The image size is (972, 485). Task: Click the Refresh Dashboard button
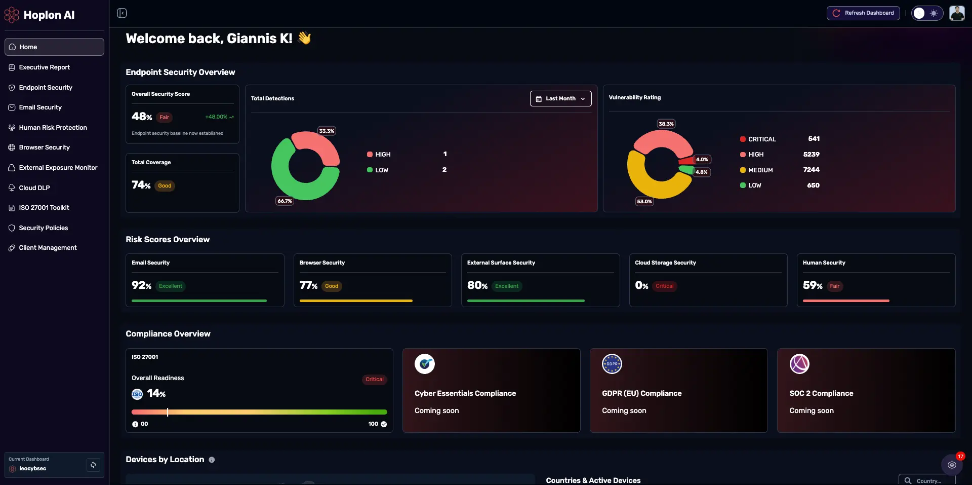[x=863, y=13]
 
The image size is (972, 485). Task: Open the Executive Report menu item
[x=44, y=67]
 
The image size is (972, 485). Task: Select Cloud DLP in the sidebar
[x=34, y=188]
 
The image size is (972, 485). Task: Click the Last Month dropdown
[x=560, y=98]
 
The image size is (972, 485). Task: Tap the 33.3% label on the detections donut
[x=327, y=131]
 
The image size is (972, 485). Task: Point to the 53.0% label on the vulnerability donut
[x=644, y=201]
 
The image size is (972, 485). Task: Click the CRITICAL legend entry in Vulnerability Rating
[x=758, y=139]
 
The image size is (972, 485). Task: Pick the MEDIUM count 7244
[x=811, y=170]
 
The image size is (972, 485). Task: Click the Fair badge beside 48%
[x=165, y=117]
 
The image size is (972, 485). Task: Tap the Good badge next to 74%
[x=165, y=185]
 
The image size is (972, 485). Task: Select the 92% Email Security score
[x=142, y=285]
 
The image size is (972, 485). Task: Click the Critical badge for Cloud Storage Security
[x=664, y=286]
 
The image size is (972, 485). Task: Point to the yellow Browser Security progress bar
[x=356, y=301]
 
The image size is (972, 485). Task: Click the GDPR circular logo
[x=612, y=364]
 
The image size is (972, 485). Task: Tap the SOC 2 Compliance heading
[x=821, y=393]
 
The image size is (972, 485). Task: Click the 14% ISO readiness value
[x=156, y=393]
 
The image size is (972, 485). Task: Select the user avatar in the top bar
[x=957, y=13]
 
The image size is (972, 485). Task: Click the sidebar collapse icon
[x=122, y=13]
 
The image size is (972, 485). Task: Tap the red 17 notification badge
[x=960, y=456]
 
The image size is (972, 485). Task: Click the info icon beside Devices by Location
[x=212, y=460]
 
